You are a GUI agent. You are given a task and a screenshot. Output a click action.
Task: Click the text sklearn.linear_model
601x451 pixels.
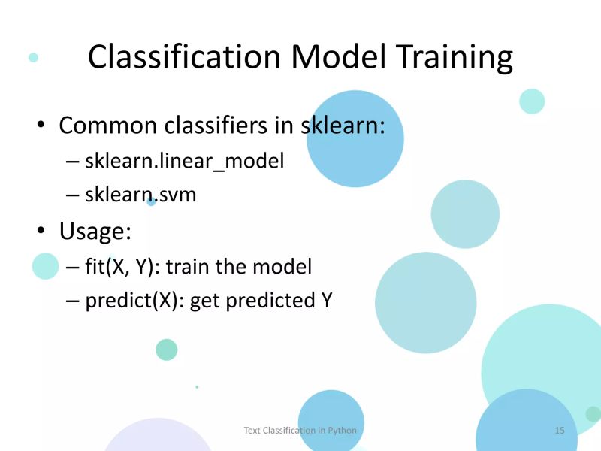point(185,161)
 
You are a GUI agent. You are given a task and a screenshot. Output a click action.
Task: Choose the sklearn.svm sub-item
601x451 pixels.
point(140,195)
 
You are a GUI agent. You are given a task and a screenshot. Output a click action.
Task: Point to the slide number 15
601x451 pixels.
point(560,430)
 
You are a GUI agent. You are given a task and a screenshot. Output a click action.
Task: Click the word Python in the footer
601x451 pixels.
point(342,430)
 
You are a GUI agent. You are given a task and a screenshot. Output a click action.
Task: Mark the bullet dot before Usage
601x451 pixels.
point(42,231)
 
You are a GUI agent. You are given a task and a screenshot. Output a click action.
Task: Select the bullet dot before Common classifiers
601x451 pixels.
point(42,126)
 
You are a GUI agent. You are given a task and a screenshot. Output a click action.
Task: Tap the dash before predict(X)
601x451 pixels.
point(72,301)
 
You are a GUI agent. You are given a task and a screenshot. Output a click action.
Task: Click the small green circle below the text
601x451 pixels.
point(166,350)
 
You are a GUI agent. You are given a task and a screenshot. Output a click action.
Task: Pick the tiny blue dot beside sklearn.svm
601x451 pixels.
point(151,202)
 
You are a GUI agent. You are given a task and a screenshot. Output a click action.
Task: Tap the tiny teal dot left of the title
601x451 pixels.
point(33,57)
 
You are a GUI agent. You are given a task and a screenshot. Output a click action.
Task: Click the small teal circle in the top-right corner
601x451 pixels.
point(532,101)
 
